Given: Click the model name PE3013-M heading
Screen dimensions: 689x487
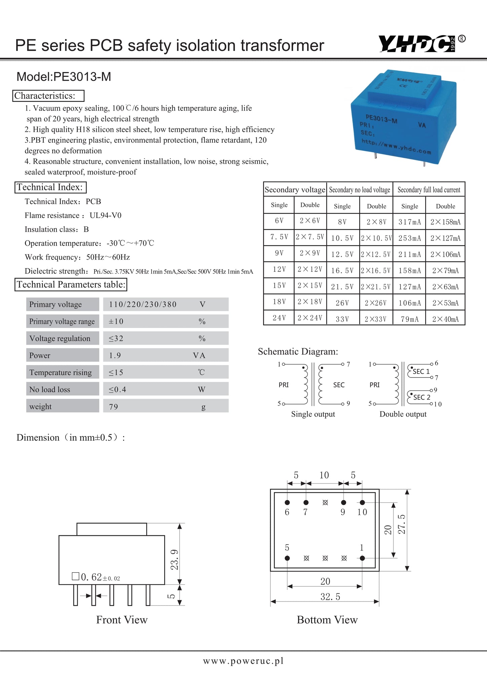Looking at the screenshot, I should tap(64, 77).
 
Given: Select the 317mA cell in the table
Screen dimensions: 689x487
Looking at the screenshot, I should tap(409, 222).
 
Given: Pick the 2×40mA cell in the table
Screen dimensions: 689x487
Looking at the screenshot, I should tap(445, 319).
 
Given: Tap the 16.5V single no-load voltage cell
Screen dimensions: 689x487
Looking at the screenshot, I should tap(342, 270).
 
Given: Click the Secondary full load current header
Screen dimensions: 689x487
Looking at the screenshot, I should tap(429, 190).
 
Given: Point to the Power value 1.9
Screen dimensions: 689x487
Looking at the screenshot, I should tap(115, 355).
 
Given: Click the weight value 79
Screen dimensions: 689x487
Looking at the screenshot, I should tap(114, 406).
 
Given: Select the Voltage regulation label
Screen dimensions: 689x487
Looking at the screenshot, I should tap(60, 338).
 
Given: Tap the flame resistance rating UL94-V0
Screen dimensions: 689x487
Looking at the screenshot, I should tap(106, 215).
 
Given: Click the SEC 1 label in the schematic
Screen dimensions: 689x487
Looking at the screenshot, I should tap(421, 371).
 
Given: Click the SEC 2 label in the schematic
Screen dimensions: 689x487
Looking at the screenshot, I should tap(422, 397).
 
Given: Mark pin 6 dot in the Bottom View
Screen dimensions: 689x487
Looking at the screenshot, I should tap(287, 503).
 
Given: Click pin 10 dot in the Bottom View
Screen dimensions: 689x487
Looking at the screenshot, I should tap(362, 503).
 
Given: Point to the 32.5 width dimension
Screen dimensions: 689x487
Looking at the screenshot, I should tap(330, 597).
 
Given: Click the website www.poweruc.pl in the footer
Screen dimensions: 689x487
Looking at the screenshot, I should tap(243, 661).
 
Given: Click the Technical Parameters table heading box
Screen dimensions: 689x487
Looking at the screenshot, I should tap(71, 285).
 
